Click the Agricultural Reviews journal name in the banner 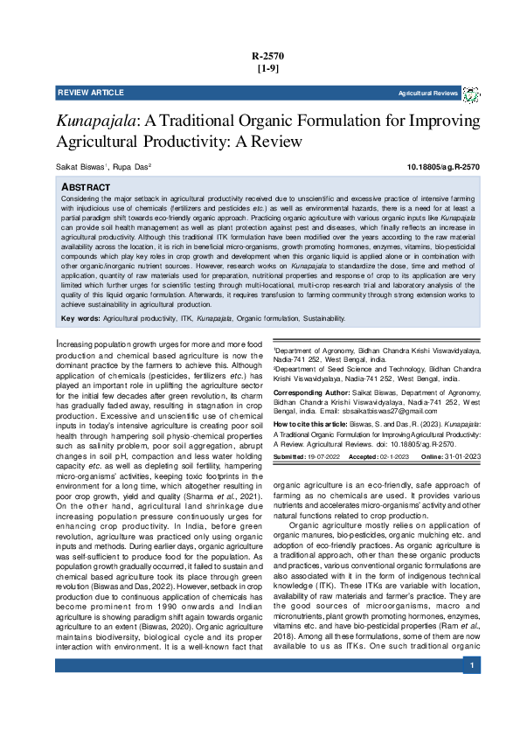428,93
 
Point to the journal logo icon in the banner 471,93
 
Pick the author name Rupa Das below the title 133,166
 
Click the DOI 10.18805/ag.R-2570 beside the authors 443,166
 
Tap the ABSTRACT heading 86,188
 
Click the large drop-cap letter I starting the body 58,346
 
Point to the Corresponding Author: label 306,394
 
